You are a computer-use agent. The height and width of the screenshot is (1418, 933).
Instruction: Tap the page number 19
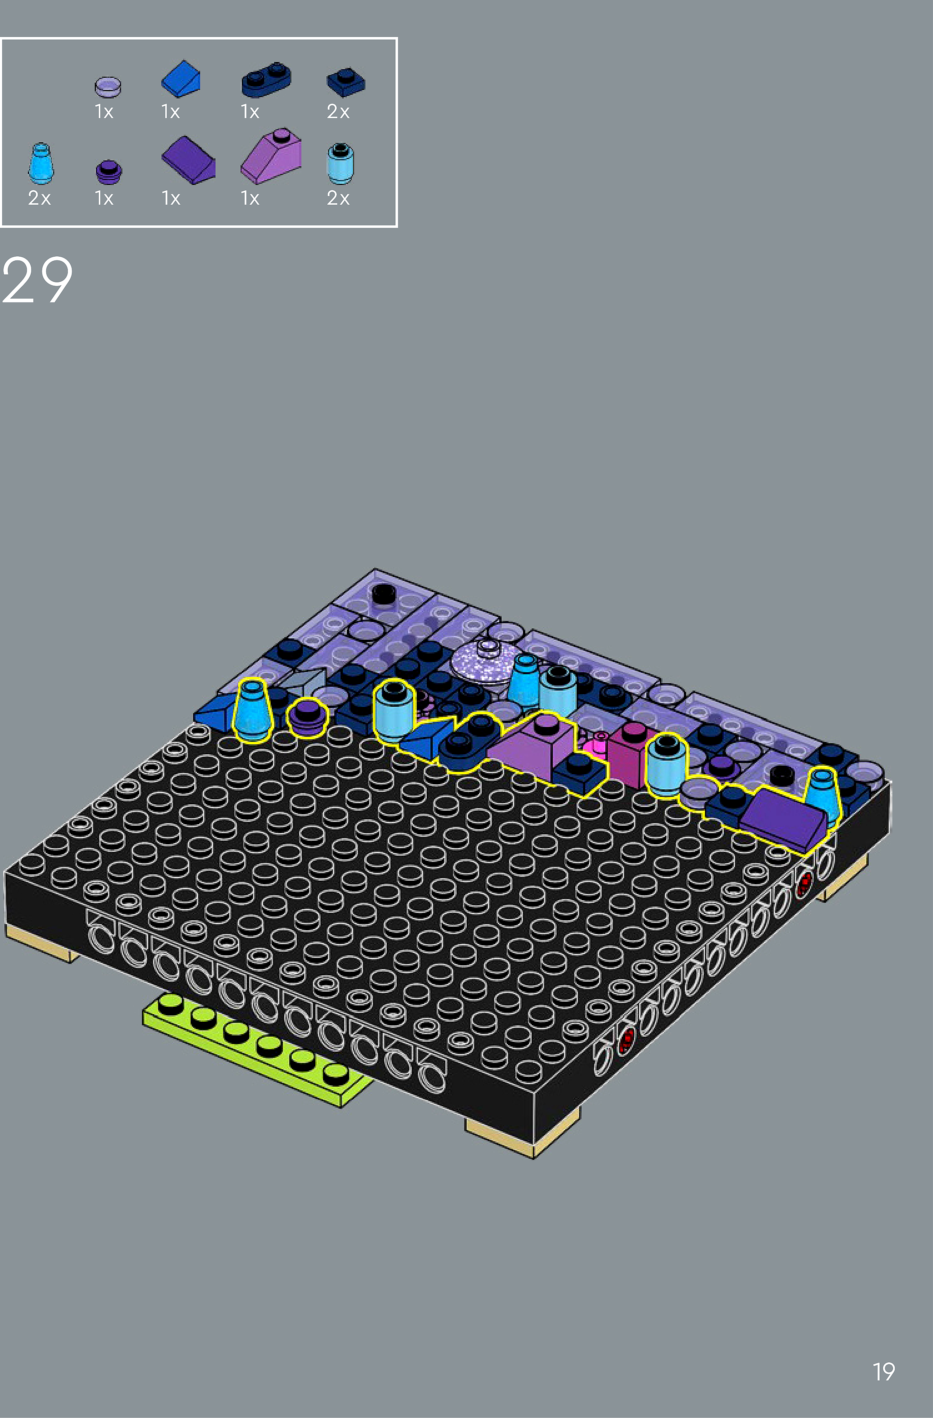point(884,1371)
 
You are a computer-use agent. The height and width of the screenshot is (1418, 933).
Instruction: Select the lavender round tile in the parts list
point(108,86)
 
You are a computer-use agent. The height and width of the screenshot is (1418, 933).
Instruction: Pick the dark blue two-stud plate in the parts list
point(266,79)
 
